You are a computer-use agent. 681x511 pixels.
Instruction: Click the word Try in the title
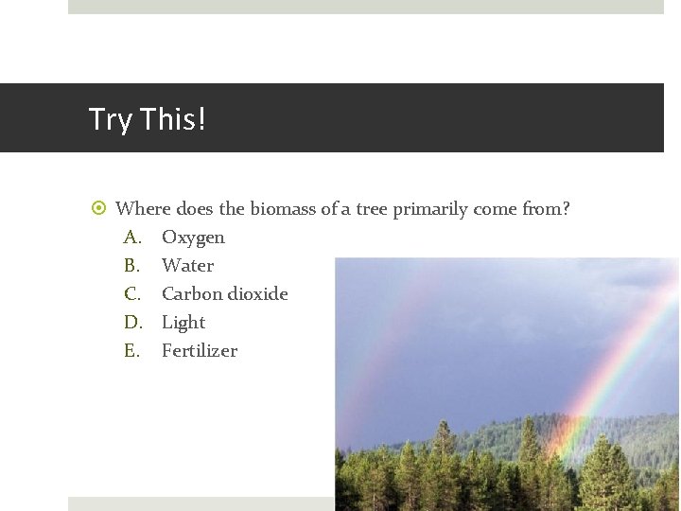110,120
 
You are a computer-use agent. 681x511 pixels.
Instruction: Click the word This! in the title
171,119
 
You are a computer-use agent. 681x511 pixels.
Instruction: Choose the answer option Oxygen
193,238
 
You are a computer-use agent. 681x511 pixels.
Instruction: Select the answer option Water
187,265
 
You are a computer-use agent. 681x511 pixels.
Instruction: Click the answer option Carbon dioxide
224,293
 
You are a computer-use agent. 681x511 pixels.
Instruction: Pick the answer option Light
183,323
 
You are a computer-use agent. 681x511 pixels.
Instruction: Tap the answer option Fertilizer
200,350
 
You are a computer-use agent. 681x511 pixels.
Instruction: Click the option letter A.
131,237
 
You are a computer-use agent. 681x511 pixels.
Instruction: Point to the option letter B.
131,265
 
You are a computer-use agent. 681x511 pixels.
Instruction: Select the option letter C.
131,293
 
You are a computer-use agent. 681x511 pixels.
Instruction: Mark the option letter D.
131,322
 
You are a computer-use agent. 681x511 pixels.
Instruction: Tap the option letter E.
131,350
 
